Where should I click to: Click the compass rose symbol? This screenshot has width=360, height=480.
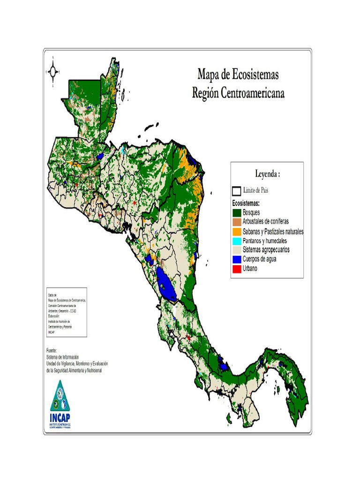[53, 72]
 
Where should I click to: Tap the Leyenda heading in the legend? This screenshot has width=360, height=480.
[267, 174]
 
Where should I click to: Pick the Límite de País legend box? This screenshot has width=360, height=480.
[236, 191]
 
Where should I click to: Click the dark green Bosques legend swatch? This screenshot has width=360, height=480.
[236, 213]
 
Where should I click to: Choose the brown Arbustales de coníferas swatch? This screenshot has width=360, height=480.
[236, 222]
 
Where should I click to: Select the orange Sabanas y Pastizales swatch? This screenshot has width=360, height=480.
[236, 231]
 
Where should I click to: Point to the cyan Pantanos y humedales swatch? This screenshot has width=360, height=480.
[236, 240]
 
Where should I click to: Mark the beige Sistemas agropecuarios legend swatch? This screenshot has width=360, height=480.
[236, 250]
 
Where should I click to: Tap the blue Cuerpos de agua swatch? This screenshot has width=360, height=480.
[236, 259]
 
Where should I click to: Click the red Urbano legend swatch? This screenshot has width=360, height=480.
[236, 269]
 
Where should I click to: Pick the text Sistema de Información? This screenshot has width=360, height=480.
[63, 357]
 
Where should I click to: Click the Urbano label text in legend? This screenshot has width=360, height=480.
[250, 269]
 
